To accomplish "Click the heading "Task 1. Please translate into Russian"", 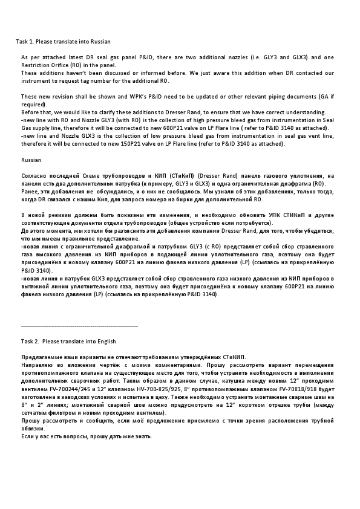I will (x=63, y=41).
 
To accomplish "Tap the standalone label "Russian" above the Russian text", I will (x=31, y=160).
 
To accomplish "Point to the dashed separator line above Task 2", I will (x=79, y=326).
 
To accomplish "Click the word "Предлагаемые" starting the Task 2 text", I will (x=42, y=357).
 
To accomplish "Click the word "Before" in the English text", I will (x=30, y=112).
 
